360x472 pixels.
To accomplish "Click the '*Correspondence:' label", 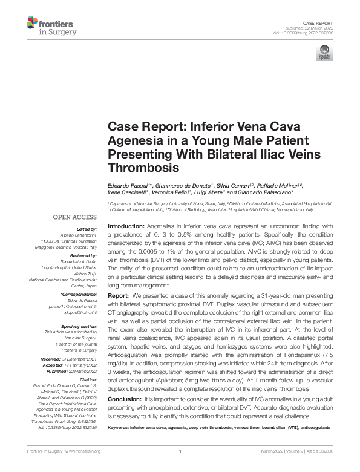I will click(x=80, y=293).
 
